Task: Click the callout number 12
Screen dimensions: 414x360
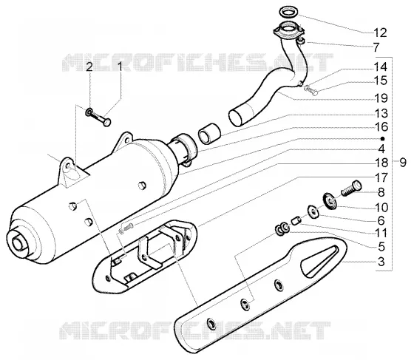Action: click(380, 33)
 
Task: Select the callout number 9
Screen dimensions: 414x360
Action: click(403, 163)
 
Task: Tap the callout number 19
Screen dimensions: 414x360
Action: click(381, 98)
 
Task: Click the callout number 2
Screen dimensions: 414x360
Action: click(89, 67)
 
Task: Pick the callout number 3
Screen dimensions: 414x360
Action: click(381, 262)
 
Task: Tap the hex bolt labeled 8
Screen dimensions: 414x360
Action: click(351, 188)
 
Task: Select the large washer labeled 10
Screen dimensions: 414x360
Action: click(330, 202)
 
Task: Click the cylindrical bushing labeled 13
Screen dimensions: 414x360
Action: click(209, 134)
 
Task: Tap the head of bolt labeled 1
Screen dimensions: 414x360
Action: click(107, 122)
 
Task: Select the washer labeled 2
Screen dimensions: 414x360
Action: click(88, 112)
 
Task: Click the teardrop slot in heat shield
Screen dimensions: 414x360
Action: click(319, 261)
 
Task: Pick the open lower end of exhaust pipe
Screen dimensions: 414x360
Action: click(237, 118)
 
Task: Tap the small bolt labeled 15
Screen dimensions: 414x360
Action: click(312, 90)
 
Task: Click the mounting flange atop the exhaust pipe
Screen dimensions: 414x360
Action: click(289, 30)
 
